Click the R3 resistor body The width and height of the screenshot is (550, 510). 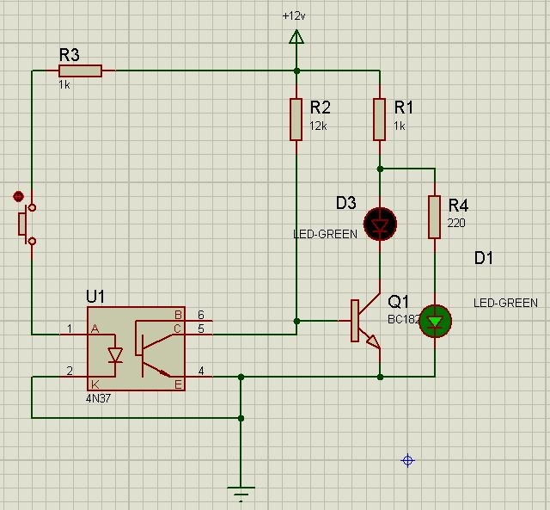81,71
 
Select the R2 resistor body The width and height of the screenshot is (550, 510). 296,119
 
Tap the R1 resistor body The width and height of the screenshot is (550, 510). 380,119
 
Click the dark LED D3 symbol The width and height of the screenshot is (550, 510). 380,224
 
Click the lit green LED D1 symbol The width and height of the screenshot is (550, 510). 435,321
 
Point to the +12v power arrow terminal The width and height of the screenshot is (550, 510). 296,36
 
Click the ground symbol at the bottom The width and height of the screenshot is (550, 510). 241,493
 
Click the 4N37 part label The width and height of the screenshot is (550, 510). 99,398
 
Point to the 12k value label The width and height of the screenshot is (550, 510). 318,126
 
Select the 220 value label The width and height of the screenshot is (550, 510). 455,223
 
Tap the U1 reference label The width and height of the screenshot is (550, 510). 95,296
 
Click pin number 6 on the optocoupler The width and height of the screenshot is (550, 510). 201,315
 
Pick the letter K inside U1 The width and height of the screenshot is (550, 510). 95,384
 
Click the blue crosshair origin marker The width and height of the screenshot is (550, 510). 408,461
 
